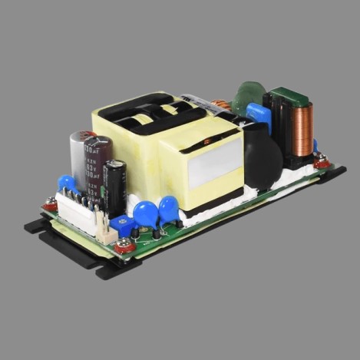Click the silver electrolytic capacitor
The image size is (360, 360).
(x=79, y=157)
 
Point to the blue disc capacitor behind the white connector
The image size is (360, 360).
(x=68, y=183)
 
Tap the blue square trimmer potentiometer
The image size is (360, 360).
(x=121, y=225)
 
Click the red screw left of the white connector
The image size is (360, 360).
(x=50, y=205)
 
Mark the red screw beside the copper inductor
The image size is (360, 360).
(x=322, y=162)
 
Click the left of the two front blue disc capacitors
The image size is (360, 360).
(x=144, y=212)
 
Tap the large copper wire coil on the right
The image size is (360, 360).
(x=301, y=127)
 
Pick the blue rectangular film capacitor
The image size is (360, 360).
(x=259, y=116)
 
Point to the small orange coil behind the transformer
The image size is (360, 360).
(x=221, y=104)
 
